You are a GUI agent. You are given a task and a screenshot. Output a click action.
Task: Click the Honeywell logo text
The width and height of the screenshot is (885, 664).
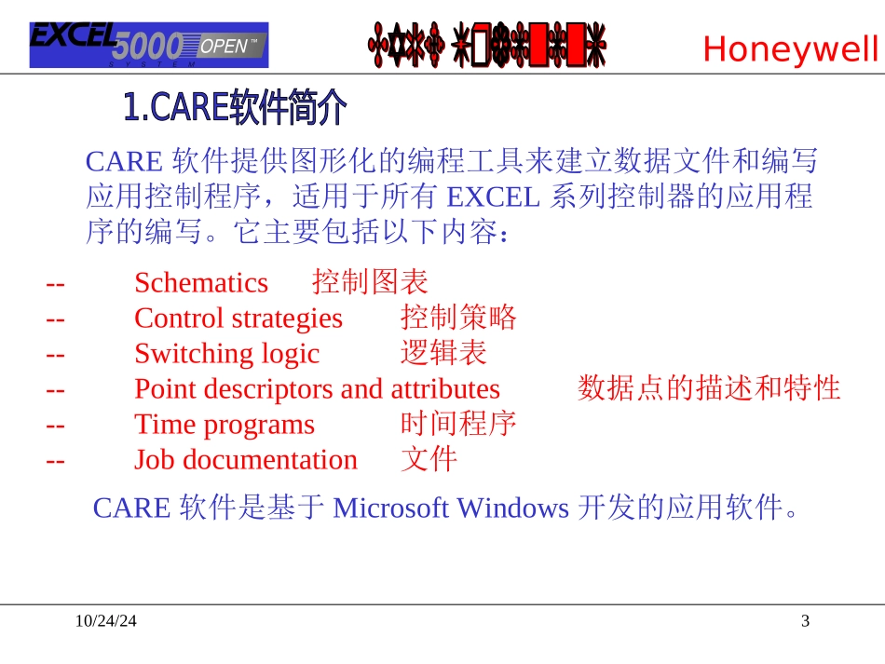point(790,48)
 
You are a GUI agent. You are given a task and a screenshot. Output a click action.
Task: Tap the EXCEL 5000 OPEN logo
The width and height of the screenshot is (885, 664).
point(149,45)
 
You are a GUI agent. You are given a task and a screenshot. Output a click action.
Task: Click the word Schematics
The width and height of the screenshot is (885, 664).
point(201,282)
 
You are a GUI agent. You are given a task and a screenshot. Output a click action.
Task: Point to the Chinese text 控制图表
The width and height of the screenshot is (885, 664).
point(370,281)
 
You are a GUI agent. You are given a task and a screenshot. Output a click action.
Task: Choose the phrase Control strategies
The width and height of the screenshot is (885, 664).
point(238,318)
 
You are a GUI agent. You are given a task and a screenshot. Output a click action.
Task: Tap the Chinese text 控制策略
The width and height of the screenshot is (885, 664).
point(458,318)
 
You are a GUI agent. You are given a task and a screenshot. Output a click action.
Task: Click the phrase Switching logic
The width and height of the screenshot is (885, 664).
point(226,353)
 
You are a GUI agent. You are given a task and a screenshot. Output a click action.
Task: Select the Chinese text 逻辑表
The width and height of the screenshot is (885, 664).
point(443,353)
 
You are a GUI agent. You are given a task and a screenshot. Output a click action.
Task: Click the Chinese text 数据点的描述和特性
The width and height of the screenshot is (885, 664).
point(709,388)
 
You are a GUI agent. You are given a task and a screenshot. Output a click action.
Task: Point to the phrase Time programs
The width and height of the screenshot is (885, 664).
point(225,424)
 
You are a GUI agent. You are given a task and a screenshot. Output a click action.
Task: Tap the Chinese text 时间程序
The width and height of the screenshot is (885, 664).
point(458,424)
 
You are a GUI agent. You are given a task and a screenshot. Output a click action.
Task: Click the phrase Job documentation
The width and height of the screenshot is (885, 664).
point(246,459)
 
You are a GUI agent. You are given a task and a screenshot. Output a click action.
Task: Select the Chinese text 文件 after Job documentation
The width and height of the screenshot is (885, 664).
point(429,459)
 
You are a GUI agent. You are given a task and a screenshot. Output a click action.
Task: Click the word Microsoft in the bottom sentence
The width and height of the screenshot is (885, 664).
point(390,508)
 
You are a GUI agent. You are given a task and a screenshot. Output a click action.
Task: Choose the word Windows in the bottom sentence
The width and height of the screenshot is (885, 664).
point(512,508)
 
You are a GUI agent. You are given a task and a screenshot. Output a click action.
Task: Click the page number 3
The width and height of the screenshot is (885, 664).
point(806,621)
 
